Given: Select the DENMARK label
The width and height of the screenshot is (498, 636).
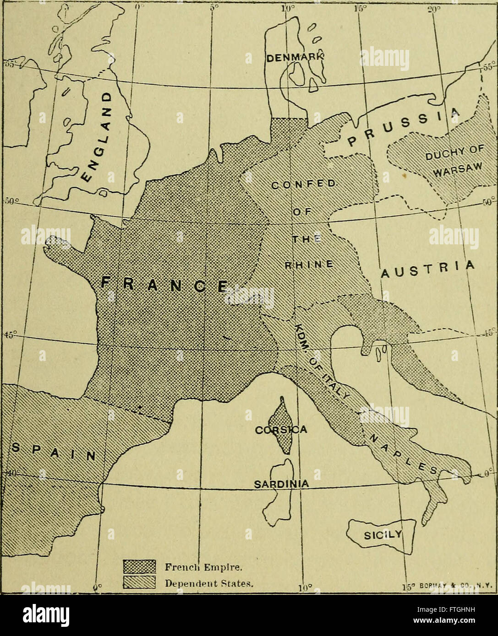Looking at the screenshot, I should click(295, 58).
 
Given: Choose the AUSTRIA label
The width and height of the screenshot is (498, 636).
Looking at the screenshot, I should click(427, 270).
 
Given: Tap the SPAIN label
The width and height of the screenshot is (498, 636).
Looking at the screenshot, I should click(53, 451).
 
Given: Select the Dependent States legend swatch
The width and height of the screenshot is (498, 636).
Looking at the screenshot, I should click(140, 583).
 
